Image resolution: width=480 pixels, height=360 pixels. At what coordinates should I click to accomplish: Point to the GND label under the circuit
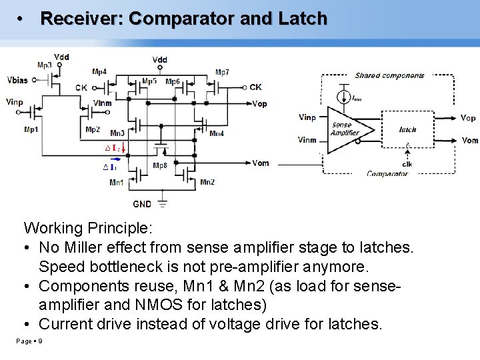coord(141,205)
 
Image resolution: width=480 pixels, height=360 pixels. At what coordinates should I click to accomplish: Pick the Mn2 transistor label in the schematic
coord(207,182)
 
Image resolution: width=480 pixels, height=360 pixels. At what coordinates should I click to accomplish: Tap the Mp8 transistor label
coord(160,166)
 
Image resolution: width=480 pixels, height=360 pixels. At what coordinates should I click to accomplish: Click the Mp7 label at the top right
coord(223,72)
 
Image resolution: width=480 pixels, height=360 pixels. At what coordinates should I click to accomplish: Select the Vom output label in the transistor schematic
coord(261,163)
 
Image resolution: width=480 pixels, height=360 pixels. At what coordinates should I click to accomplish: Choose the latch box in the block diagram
coord(407,130)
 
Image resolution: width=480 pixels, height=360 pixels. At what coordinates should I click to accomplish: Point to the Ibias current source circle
coord(343,97)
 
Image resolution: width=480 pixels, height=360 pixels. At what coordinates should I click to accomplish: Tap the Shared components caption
coord(389,75)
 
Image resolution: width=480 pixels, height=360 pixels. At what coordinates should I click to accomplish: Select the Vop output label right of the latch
coord(468,118)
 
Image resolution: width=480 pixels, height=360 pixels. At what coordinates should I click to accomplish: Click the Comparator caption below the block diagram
coord(387,173)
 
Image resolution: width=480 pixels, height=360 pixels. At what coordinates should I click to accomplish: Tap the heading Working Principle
coord(88,229)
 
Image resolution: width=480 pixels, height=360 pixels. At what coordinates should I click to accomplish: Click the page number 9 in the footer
coord(41,341)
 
